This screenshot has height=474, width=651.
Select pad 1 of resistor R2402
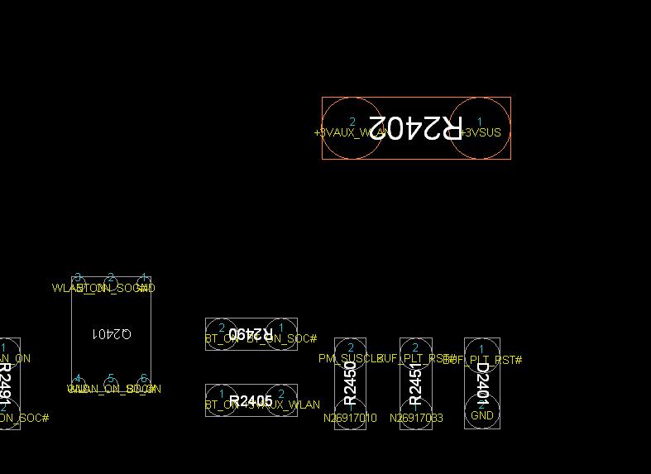(480, 127)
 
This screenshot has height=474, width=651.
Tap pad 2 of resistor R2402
(352, 127)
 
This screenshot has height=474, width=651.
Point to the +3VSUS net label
(481, 132)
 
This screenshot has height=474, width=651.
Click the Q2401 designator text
(111, 333)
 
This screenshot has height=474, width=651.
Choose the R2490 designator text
(251, 333)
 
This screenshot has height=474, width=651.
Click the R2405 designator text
(251, 401)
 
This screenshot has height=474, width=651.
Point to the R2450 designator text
(350, 382)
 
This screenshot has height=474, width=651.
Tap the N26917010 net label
(350, 418)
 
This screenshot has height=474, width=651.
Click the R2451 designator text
(415, 382)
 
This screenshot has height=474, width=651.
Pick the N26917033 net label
(415, 418)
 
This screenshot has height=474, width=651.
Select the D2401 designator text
(482, 382)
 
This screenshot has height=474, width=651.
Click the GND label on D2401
(482, 415)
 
